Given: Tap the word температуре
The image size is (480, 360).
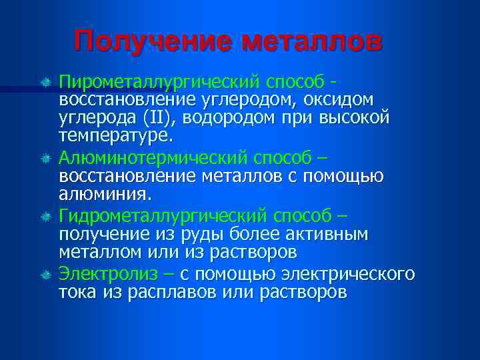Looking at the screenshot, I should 115,136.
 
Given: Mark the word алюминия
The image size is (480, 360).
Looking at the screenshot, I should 105,194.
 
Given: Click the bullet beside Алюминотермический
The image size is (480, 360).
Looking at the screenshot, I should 47,159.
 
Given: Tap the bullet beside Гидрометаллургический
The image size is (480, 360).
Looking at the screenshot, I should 47,217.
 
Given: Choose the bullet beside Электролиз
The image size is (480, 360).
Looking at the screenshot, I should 47,275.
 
